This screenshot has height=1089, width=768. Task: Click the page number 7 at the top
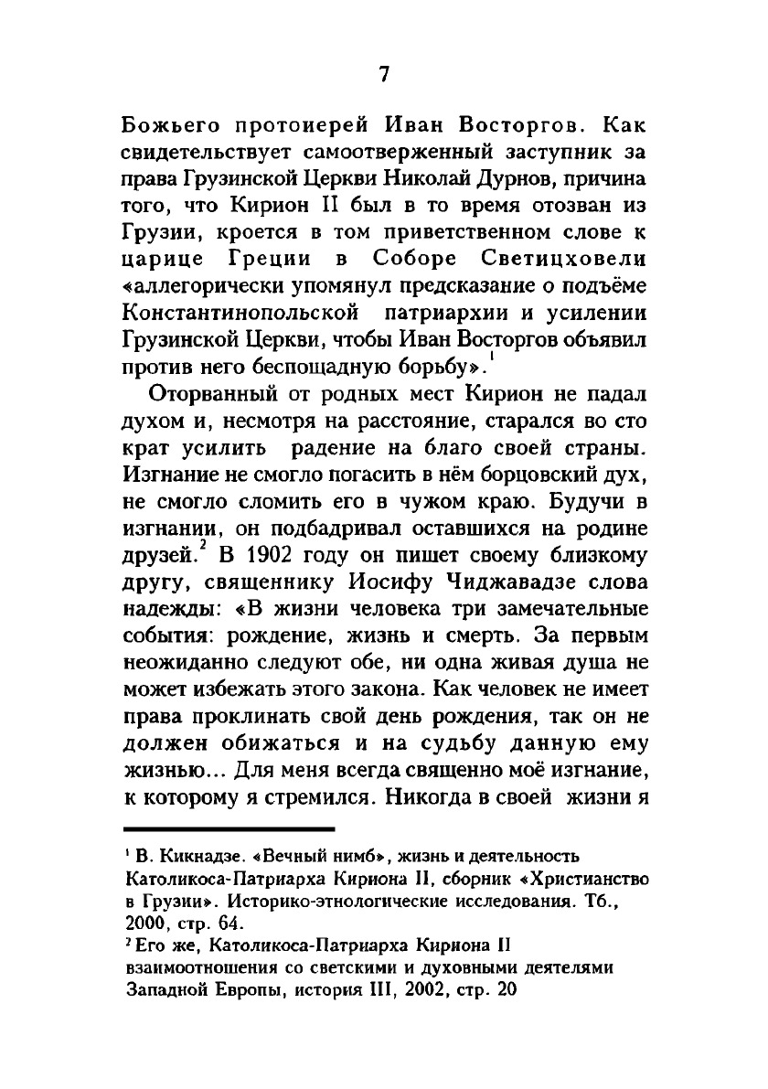tap(384, 75)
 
